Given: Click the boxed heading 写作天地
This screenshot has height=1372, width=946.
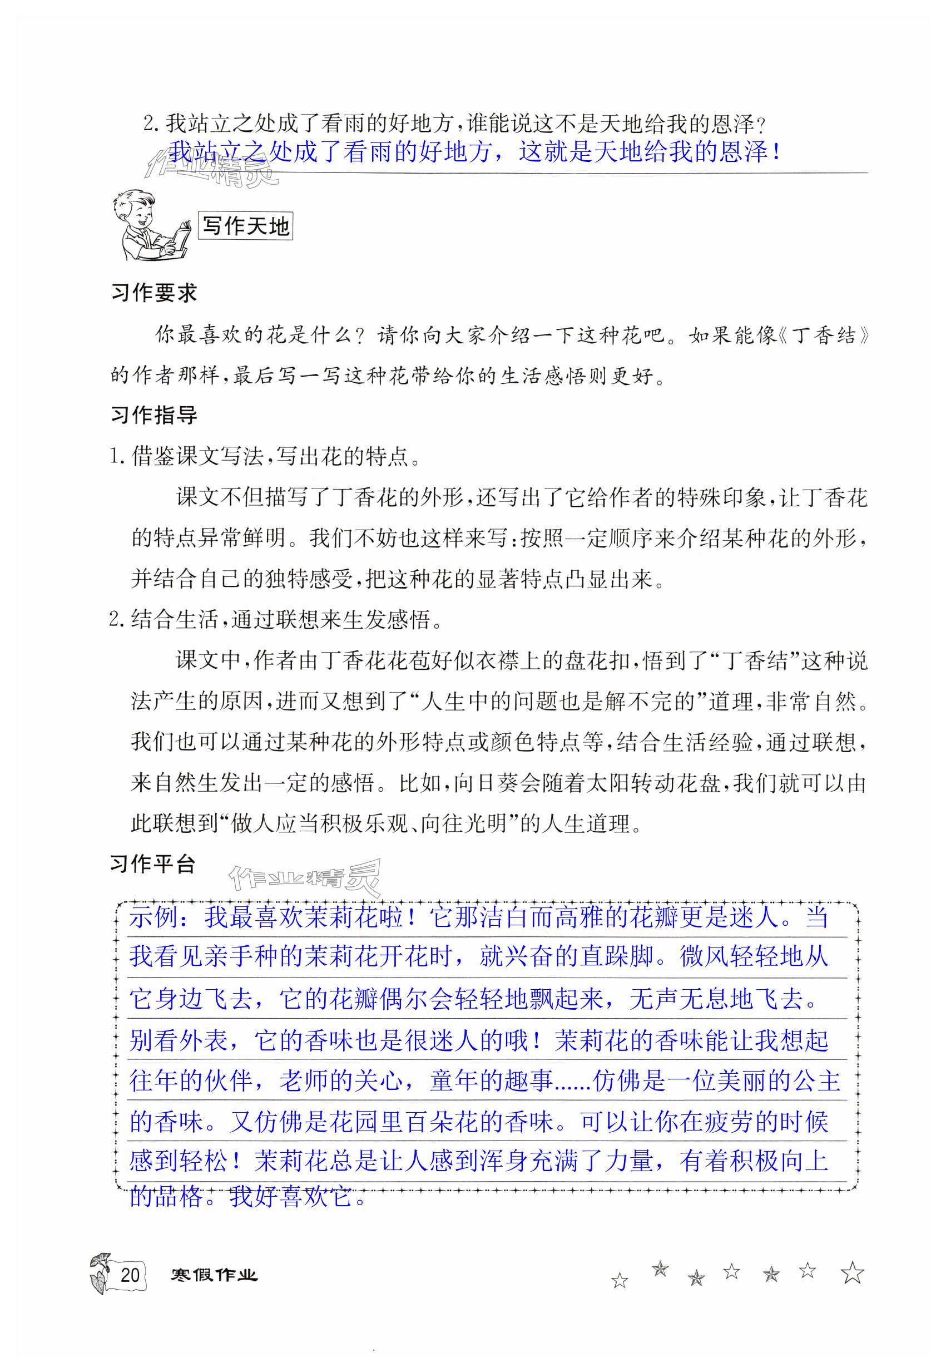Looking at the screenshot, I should click(x=245, y=226).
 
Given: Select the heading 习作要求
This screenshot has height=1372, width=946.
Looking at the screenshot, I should click(x=153, y=293).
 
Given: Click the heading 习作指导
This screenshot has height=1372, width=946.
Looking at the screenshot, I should click(x=153, y=415).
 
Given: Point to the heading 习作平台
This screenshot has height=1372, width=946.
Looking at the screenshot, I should click(x=152, y=864).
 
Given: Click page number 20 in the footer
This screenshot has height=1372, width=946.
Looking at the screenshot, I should click(x=130, y=1274).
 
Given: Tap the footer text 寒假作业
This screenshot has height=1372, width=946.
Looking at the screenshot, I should click(x=214, y=1274).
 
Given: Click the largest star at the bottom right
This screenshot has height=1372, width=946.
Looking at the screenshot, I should click(x=852, y=1273).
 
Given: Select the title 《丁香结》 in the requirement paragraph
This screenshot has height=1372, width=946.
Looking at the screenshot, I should click(x=823, y=335).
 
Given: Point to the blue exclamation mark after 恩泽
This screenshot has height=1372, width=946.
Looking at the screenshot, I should click(x=776, y=152).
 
